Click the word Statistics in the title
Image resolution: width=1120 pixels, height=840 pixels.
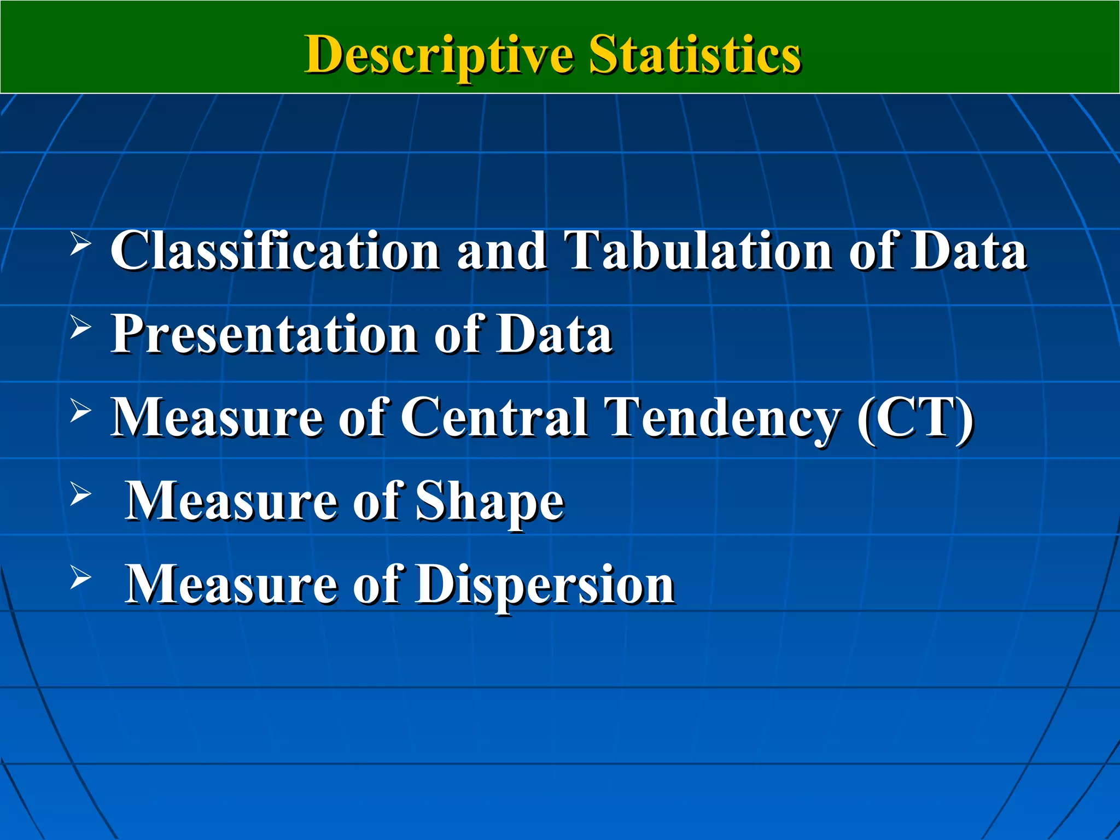[x=695, y=54]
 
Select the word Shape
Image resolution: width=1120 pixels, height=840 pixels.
[x=489, y=501]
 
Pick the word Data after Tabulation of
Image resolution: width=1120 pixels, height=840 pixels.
[x=969, y=250]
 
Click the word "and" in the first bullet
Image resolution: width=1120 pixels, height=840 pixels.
[x=501, y=250]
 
